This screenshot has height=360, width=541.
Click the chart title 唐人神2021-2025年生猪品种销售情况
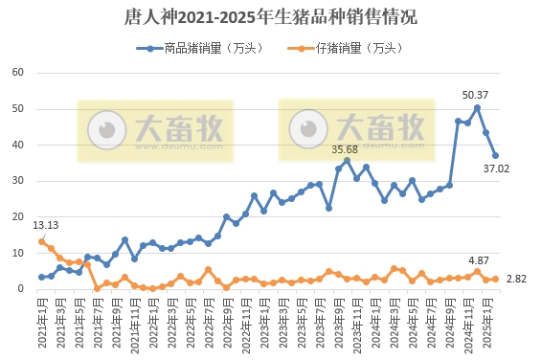271,17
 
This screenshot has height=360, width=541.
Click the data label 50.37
475,95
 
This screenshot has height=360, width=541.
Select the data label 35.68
345,149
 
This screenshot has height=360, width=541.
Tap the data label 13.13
46,226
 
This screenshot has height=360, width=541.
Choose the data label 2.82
518,279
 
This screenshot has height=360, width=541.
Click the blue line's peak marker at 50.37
477,107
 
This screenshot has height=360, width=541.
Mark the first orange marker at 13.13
41,241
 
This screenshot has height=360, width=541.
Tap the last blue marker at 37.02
495,155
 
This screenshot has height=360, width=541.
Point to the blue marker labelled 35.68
347,161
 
